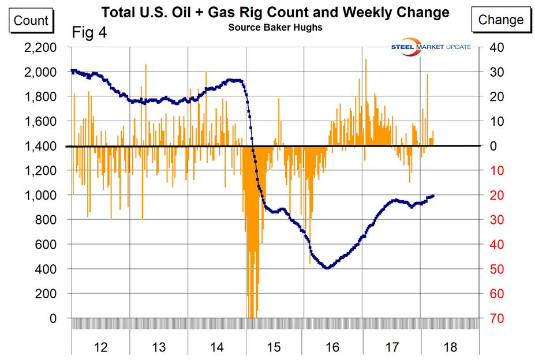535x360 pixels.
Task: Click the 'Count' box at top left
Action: (31, 21)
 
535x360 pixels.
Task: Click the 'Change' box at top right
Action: (500, 20)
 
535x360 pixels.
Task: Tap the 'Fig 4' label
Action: (89, 32)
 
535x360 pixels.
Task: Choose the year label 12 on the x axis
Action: (100, 347)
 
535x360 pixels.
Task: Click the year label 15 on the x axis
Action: (275, 347)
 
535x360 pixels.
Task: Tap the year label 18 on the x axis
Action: (450, 347)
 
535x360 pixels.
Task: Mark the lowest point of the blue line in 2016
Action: (327, 268)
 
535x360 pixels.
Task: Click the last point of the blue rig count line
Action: (433, 196)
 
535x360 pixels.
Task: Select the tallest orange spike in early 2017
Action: (365, 59)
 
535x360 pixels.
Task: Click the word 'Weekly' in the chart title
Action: (338, 12)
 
